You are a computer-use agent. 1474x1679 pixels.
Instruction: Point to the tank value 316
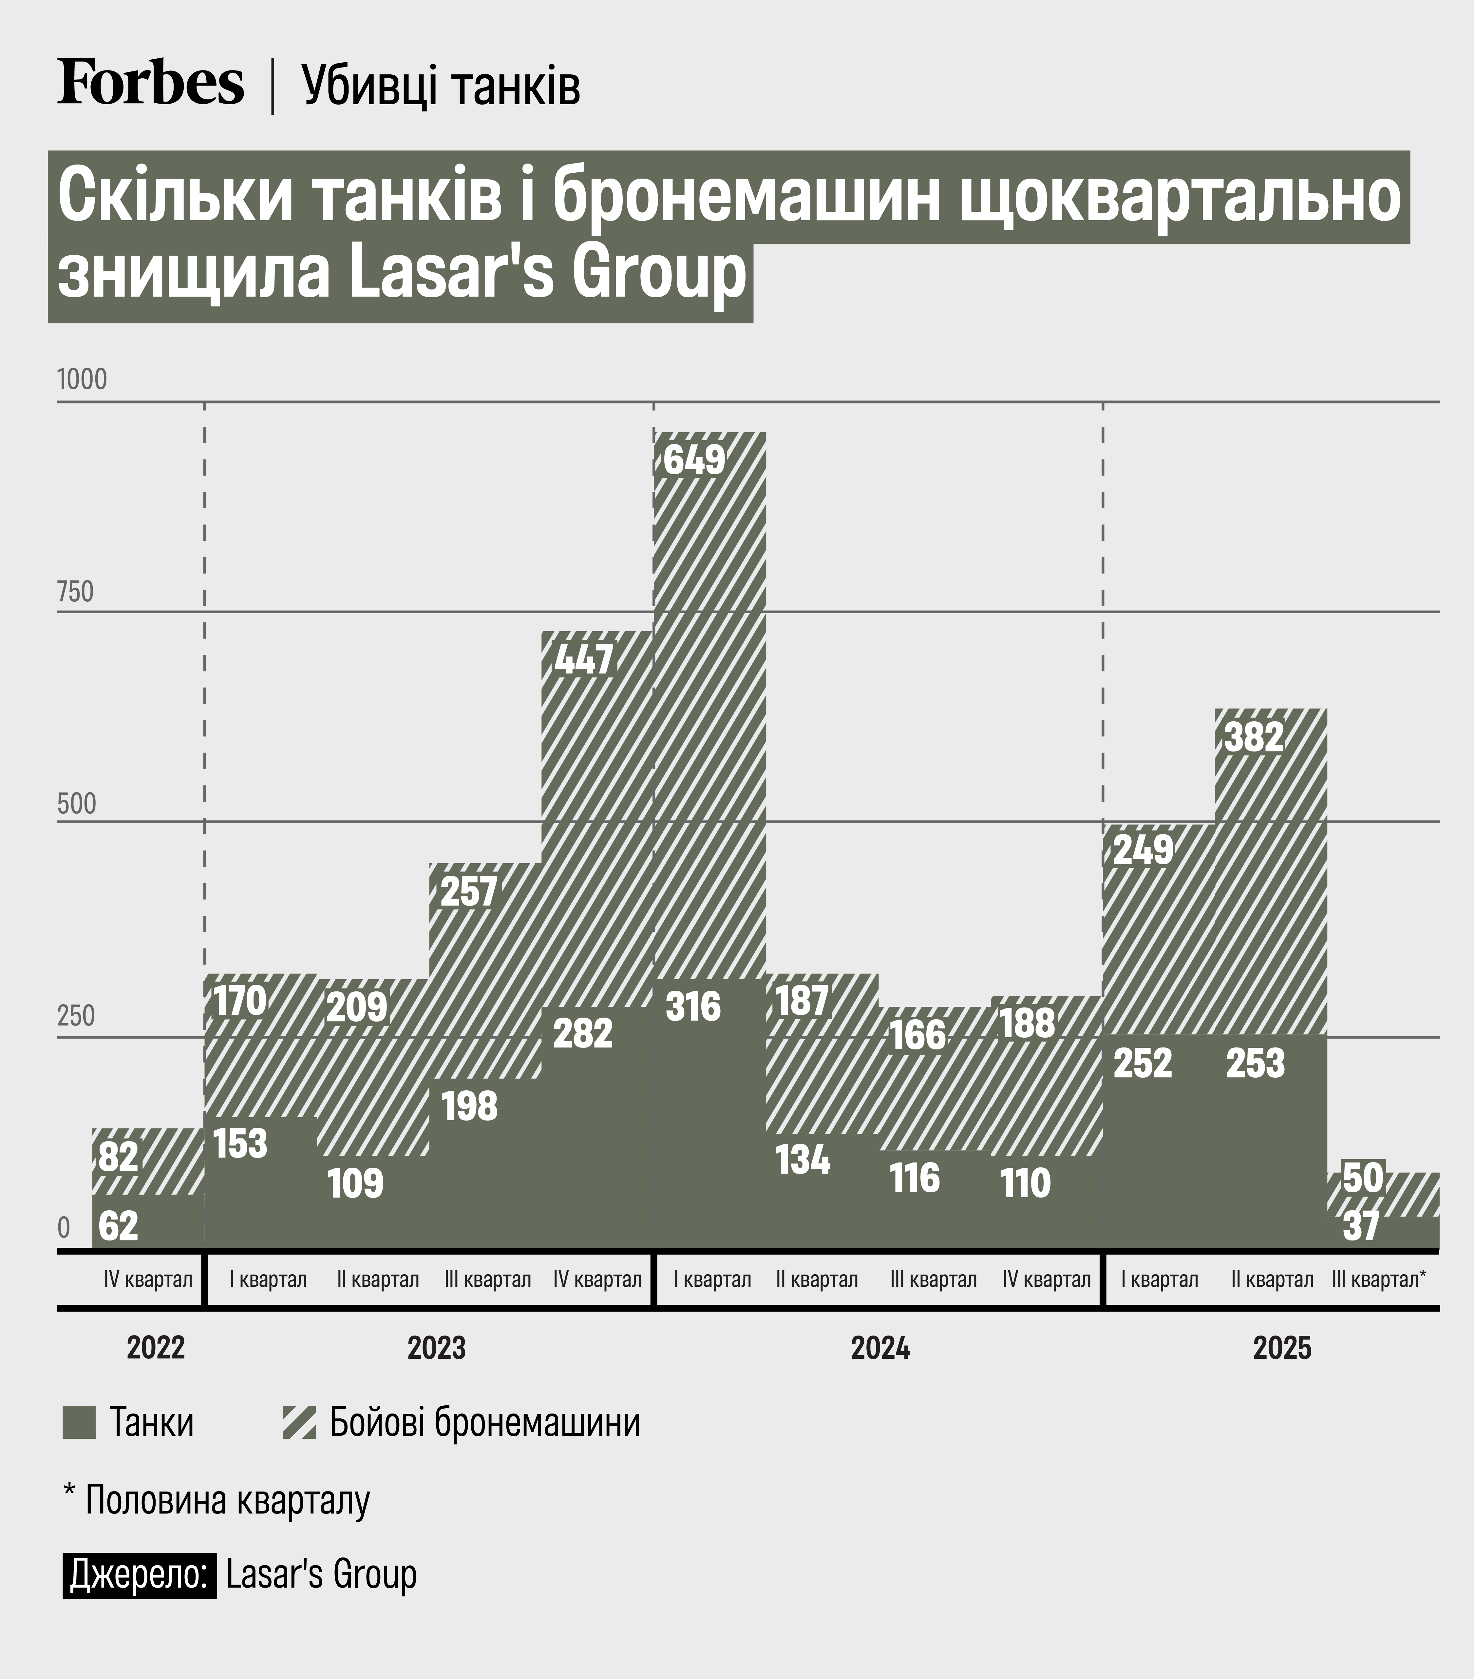pos(693,1006)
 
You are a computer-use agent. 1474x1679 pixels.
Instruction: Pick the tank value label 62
pos(118,1225)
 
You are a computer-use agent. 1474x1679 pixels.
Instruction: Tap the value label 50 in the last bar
pos(1363,1178)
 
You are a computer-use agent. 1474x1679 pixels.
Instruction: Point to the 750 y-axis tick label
pos(76,592)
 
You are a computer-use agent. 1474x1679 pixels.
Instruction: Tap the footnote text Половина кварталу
pos(227,1500)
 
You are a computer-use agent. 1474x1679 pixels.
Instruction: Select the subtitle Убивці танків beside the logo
pos(441,86)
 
